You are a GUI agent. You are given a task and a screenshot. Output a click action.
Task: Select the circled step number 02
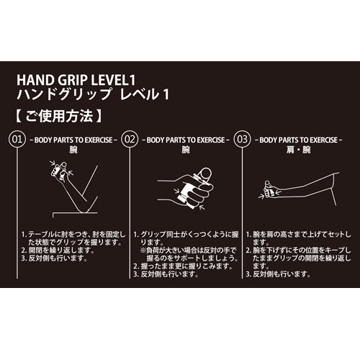(130, 137)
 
